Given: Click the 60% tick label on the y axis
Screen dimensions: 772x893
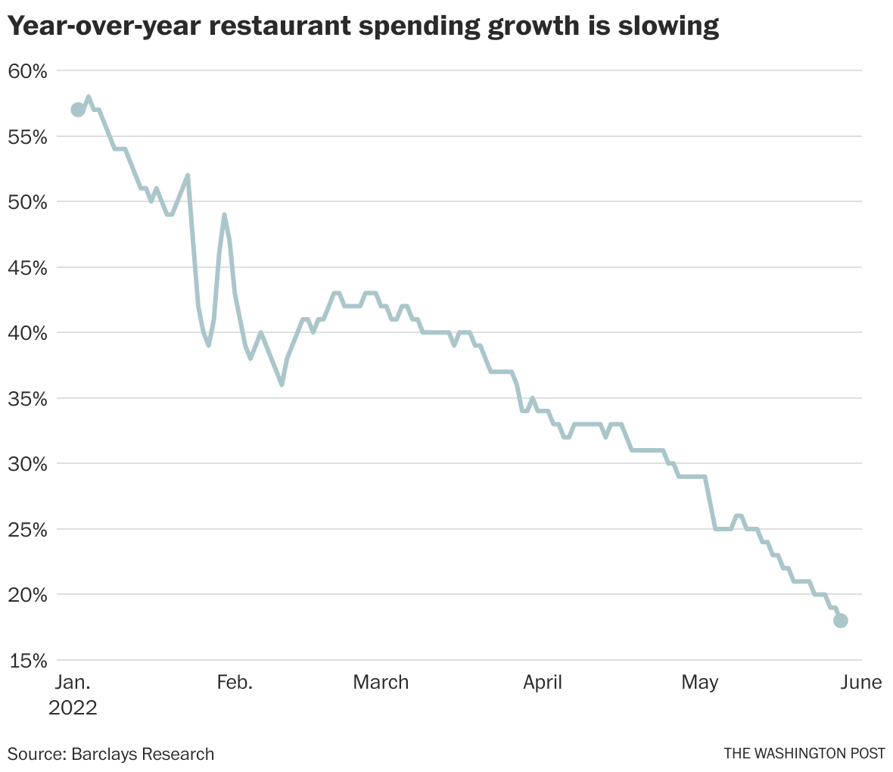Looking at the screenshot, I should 27,71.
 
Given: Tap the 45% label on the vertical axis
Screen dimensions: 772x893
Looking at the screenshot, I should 27,268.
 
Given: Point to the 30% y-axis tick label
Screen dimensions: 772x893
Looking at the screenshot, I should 27,464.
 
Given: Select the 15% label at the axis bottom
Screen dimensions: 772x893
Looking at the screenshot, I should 27,661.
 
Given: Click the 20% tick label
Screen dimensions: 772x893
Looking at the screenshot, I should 27,595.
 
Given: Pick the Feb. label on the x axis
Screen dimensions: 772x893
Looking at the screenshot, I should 235,682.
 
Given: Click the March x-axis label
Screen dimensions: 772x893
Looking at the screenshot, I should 381,682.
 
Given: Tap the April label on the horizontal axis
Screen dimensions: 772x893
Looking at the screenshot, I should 543,682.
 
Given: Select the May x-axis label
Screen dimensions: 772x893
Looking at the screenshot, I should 699,682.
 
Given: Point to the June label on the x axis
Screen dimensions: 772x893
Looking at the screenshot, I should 860,682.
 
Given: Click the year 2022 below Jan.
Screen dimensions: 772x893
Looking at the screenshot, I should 73,708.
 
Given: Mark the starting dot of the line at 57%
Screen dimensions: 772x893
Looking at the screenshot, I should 78,110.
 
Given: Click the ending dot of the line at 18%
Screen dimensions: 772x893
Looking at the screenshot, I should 841,621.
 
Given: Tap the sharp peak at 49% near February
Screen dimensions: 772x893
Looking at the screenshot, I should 224,215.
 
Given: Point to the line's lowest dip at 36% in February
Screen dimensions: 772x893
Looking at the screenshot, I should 282,384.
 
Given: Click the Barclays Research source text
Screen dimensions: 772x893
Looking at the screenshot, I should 143,754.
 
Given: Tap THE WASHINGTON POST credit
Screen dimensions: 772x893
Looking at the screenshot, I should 804,754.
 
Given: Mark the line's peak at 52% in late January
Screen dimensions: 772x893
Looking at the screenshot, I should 188,176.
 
